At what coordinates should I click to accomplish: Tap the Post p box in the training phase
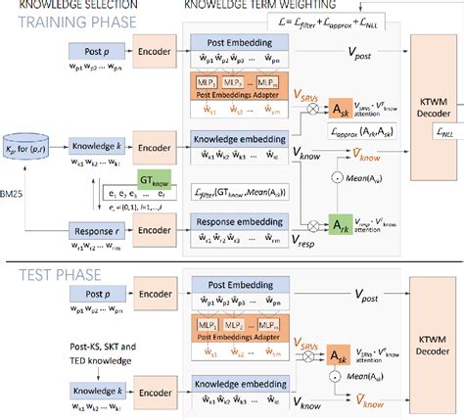click(x=94, y=48)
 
